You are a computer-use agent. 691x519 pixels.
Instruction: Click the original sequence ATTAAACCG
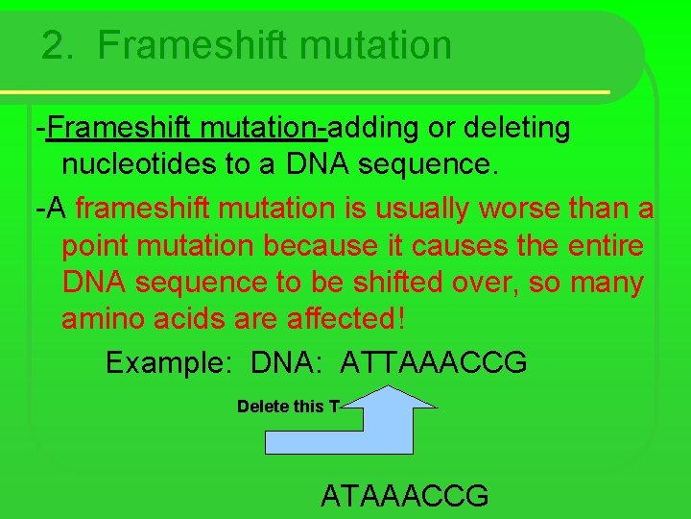pos(434,362)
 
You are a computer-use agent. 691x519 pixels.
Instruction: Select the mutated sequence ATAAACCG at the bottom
pos(404,496)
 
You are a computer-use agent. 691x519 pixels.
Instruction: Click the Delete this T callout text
pos(287,407)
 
